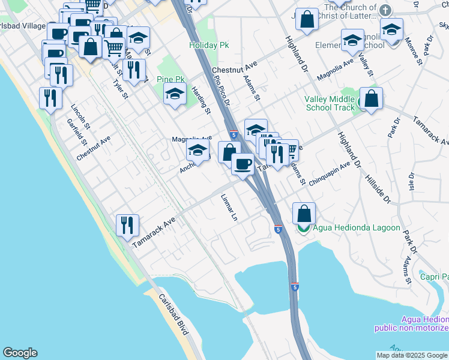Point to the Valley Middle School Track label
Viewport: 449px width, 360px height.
coord(330,103)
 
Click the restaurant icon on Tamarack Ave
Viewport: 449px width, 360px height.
coord(127,226)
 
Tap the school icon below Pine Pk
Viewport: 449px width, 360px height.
coord(175,94)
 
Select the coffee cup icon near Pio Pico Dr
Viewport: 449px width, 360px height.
coord(243,163)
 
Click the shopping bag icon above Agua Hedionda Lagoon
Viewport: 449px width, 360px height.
coord(304,213)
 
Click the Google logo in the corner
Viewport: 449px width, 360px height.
coord(20,353)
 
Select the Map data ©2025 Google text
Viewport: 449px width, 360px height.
coord(412,355)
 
